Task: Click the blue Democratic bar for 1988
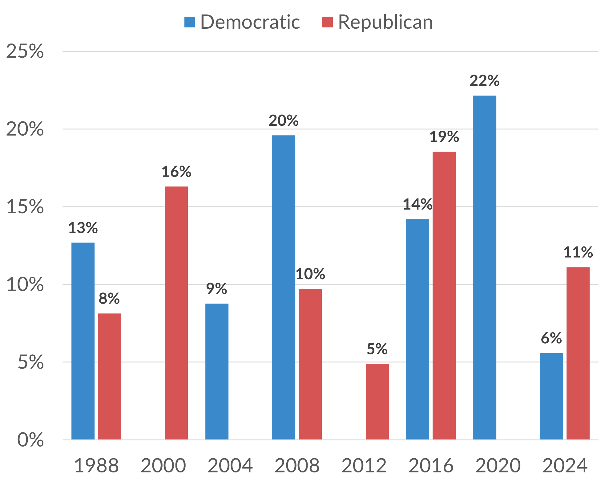(83, 341)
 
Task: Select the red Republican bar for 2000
(176, 313)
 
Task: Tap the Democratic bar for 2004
(217, 371)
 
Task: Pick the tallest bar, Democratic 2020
(485, 267)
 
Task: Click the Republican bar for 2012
(377, 401)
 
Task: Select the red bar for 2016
(444, 295)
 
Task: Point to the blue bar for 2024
(551, 396)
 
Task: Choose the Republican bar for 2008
(310, 364)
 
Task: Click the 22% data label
(484, 81)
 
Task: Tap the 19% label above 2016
(444, 137)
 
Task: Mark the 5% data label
(377, 349)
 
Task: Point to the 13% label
(83, 228)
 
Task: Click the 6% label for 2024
(551, 338)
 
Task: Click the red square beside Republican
(327, 22)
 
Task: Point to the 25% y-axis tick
(25, 51)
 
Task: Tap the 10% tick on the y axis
(25, 284)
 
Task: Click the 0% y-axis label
(30, 440)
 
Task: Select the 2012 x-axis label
(364, 466)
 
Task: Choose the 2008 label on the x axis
(297, 466)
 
